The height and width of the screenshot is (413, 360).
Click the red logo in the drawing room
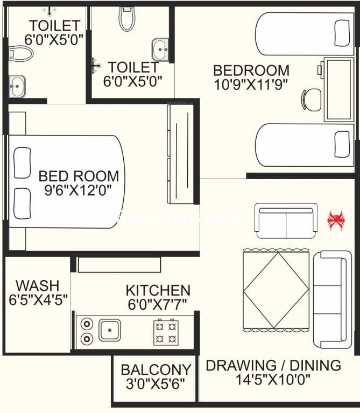(x=336, y=220)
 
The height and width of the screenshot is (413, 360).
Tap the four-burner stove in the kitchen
(x=166, y=332)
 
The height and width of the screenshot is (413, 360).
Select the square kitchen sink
(x=110, y=330)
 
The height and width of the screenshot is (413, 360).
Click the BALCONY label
(x=156, y=369)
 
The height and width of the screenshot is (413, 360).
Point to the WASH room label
(x=38, y=286)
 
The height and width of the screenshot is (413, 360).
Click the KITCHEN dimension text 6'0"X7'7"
(x=158, y=304)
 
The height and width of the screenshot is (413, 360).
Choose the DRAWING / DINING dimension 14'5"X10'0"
(x=273, y=379)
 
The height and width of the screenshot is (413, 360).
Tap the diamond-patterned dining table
(x=276, y=290)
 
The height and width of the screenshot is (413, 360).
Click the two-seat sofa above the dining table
(x=286, y=220)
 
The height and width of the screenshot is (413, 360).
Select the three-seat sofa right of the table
(x=333, y=300)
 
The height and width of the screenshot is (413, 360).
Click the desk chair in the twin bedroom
(x=311, y=99)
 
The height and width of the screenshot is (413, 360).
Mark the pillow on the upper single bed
(x=342, y=33)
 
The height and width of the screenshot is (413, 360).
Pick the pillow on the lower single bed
(x=342, y=144)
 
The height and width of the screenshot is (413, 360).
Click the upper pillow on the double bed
(x=22, y=162)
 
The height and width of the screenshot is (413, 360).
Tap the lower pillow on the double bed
(x=22, y=203)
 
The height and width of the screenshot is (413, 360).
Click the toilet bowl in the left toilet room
(x=21, y=54)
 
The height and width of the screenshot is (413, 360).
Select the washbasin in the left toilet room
(x=17, y=86)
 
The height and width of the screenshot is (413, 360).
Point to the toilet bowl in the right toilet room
(x=127, y=19)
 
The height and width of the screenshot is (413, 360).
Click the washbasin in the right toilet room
(x=160, y=50)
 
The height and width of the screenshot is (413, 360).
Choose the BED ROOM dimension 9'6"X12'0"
(x=78, y=190)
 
